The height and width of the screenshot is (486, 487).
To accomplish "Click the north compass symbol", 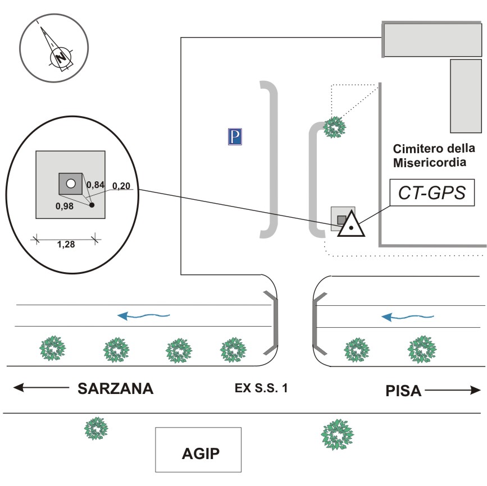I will pyautogui.click(x=54, y=47).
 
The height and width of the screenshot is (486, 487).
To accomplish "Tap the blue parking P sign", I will pyautogui.click(x=234, y=136).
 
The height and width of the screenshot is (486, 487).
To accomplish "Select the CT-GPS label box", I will pyautogui.click(x=431, y=194).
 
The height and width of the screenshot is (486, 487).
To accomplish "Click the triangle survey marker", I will pyautogui.click(x=351, y=224).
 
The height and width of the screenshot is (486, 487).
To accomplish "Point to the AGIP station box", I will pyautogui.click(x=198, y=450).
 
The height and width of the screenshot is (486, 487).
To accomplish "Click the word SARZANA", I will pyautogui.click(x=115, y=389).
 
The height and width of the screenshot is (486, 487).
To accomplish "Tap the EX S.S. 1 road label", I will pyautogui.click(x=262, y=388).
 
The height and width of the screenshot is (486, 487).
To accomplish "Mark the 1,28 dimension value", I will pyautogui.click(x=66, y=244).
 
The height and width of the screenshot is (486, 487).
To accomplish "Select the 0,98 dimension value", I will pyautogui.click(x=65, y=206).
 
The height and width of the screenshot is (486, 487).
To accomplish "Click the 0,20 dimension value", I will pyautogui.click(x=121, y=185).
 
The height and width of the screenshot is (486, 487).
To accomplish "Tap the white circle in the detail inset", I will pyautogui.click(x=70, y=184).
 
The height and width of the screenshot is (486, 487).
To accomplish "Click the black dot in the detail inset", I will pyautogui.click(x=92, y=205).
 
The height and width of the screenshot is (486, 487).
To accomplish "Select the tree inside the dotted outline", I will pyautogui.click(x=335, y=127).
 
